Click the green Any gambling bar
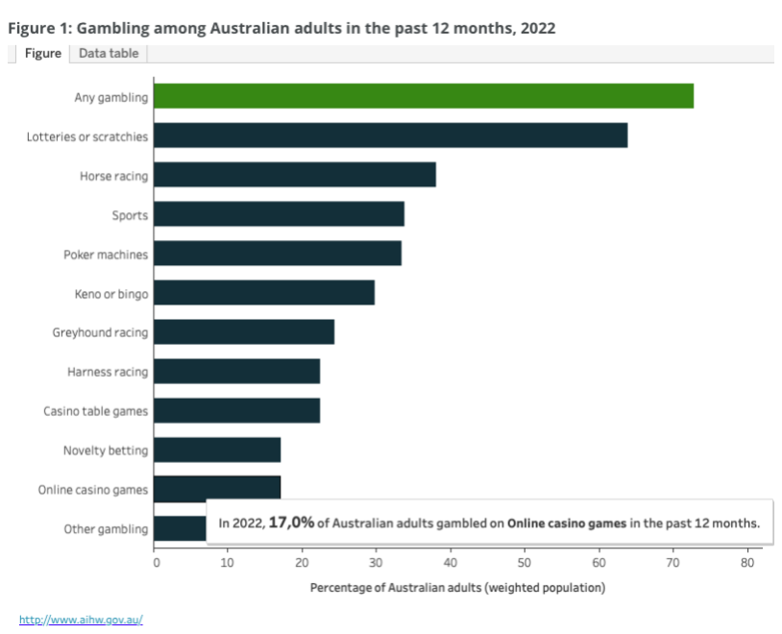tap(423, 96)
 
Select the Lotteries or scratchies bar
tap(390, 135)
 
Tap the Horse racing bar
tap(294, 175)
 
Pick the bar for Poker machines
tap(277, 254)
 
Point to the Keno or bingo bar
tap(263, 292)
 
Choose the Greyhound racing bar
tap(243, 331)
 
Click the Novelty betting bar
tap(216, 450)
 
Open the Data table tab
tap(109, 54)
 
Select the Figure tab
tap(42, 54)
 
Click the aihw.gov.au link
tap(81, 620)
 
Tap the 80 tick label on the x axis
tap(746, 563)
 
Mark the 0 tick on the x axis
tap(156, 563)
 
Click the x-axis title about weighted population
tap(457, 586)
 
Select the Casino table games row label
tap(95, 411)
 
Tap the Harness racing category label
tap(108, 372)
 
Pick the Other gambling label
tap(106, 529)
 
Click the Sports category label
tap(130, 214)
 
